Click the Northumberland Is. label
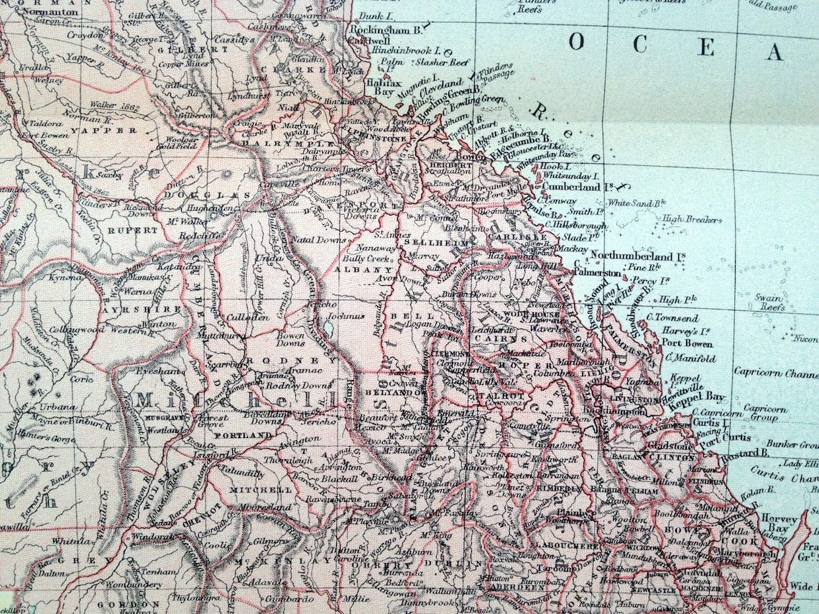pyautogui.click(x=636, y=256)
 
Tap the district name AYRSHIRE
pyautogui.click(x=142, y=310)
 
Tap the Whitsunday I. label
pyautogui.click(x=570, y=175)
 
